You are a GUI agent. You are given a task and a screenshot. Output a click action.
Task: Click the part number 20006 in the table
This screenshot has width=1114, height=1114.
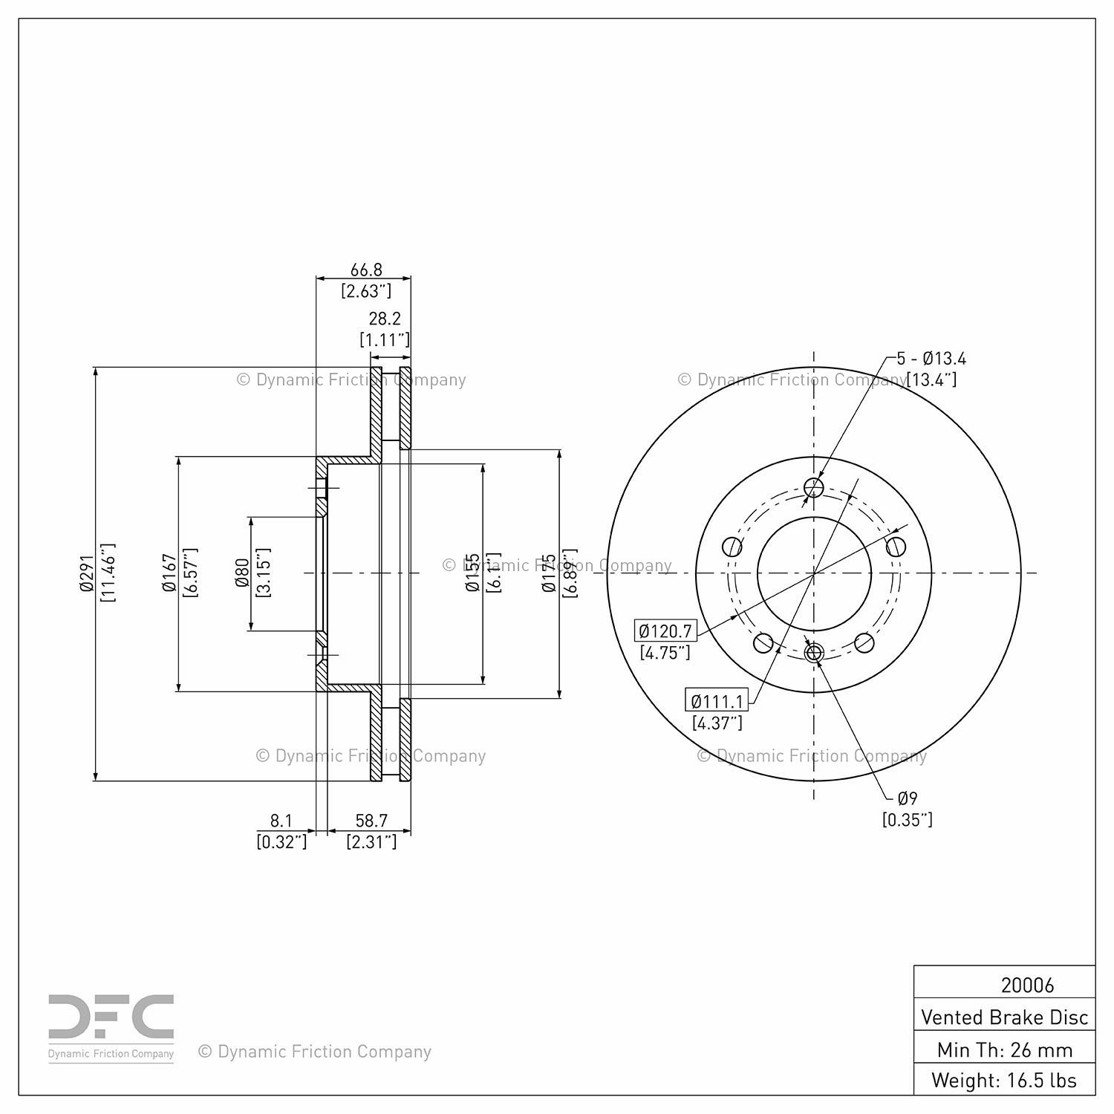[1027, 985]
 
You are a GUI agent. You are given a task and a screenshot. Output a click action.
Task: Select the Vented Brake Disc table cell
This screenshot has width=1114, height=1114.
[1004, 1017]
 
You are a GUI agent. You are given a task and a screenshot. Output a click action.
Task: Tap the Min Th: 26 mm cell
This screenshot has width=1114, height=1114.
[1004, 1049]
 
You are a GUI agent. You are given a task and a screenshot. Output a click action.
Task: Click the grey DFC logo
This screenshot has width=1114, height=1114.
[111, 1018]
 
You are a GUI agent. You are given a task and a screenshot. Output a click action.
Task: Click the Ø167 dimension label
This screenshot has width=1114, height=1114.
[169, 573]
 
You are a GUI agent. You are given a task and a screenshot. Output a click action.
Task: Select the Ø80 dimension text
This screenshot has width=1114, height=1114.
[241, 573]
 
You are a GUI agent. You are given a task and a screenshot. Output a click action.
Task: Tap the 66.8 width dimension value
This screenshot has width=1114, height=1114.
[365, 270]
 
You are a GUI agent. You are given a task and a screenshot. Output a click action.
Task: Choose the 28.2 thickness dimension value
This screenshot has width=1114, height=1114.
[385, 319]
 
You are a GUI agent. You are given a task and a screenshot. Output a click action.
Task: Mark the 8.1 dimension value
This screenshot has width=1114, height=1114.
[281, 821]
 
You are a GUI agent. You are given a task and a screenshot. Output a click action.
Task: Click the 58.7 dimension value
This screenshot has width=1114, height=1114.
[371, 821]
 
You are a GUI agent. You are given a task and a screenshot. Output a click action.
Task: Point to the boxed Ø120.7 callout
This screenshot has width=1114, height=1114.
[665, 631]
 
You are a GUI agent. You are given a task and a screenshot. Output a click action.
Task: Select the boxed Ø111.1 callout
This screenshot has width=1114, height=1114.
[717, 700]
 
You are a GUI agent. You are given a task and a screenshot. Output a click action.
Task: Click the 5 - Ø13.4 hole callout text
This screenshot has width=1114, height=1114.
[931, 359]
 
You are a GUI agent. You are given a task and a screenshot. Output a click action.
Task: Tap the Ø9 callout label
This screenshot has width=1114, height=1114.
[908, 798]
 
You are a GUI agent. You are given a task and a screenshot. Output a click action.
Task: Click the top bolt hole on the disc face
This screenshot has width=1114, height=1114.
[814, 488]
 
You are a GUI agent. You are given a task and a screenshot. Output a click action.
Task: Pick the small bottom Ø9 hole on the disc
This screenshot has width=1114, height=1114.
[814, 653]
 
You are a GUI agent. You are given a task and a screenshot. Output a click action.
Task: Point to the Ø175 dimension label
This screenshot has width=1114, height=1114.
[549, 573]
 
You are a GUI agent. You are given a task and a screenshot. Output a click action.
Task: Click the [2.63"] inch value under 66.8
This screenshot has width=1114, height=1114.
[365, 291]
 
